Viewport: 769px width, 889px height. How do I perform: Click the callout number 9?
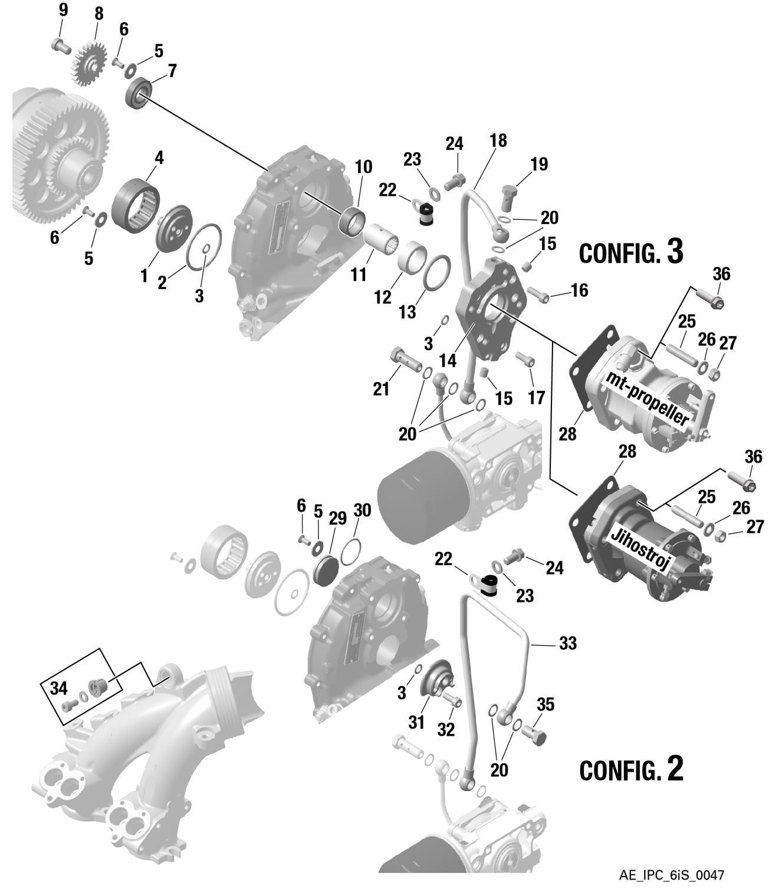63,10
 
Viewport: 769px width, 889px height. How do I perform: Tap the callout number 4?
159,158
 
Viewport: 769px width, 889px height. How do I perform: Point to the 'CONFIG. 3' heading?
630,252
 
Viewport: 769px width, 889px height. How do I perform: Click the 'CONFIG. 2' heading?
631,769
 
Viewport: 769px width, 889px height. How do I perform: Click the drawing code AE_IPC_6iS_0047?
672,875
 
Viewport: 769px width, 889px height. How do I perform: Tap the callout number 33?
567,644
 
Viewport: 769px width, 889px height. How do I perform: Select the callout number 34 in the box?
58,688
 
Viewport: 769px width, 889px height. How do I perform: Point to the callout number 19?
538,164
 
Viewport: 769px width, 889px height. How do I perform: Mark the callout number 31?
416,722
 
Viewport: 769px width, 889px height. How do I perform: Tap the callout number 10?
363,167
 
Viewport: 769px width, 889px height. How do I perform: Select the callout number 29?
337,518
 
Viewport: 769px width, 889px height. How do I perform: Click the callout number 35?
545,704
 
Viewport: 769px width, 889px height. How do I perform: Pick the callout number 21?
381,388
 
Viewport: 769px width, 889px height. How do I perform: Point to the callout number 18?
498,140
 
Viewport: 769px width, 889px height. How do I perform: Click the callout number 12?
382,297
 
